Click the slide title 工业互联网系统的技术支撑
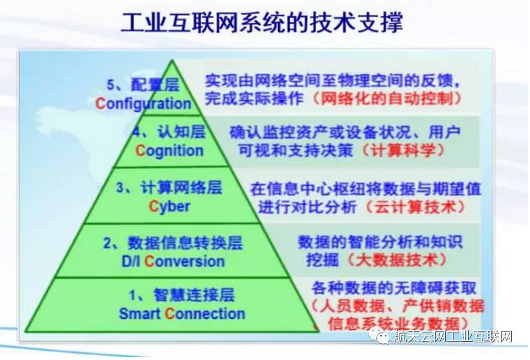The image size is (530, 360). point(262,23)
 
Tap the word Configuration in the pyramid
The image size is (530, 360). point(144,103)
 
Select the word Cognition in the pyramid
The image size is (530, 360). point(169,151)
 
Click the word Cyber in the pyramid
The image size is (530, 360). point(169,206)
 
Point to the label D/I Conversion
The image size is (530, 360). point(173,261)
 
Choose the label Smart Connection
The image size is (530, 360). point(182,313)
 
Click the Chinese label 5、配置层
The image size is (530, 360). point(143,85)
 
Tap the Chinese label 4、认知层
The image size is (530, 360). point(169,132)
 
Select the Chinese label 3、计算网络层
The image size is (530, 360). point(169,187)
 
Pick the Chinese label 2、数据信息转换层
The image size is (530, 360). point(173,242)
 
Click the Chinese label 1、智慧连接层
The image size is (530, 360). point(182,295)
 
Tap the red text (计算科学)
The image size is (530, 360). point(404,150)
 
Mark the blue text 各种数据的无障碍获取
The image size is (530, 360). point(394,288)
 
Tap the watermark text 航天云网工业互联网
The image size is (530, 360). point(453,336)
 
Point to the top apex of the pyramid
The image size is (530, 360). point(172,61)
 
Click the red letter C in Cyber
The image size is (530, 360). point(154,206)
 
